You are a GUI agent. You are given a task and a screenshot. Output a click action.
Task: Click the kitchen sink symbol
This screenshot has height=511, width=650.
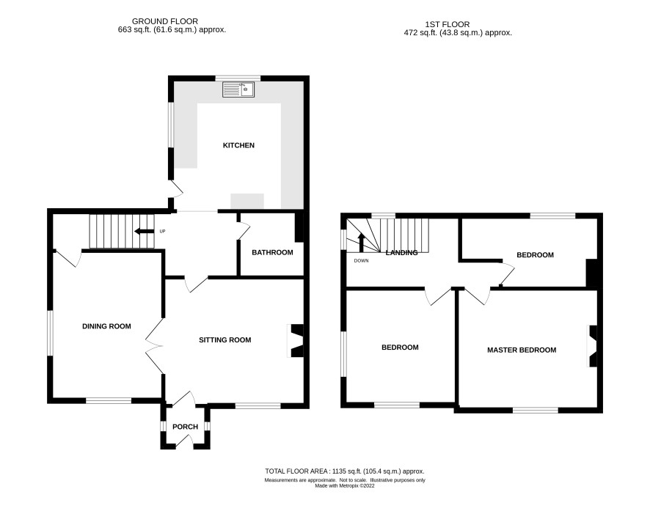click(238, 89)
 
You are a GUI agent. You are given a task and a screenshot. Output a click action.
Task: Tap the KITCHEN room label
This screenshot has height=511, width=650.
click(238, 145)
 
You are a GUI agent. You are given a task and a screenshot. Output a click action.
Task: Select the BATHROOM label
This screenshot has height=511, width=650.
click(272, 252)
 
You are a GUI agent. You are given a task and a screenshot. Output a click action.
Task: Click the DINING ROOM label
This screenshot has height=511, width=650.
click(106, 326)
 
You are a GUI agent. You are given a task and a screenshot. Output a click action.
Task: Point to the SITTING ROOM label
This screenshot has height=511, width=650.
click(225, 340)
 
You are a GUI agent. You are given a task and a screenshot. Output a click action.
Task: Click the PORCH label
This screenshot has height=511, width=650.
click(186, 427)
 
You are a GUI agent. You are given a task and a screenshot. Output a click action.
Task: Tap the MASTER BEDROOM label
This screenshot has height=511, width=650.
click(522, 350)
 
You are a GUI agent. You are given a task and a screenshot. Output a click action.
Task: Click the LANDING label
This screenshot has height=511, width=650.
click(402, 253)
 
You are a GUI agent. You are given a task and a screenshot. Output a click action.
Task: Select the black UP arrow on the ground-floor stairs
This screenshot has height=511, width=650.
click(144, 231)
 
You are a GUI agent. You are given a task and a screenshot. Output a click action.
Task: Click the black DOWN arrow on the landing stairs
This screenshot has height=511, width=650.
click(361, 242)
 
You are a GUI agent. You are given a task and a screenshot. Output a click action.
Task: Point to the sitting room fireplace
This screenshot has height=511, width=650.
click(296, 340)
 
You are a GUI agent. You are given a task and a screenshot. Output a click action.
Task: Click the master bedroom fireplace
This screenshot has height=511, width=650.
click(592, 346)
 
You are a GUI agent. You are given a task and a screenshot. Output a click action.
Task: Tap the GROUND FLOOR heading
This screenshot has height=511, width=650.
click(165, 21)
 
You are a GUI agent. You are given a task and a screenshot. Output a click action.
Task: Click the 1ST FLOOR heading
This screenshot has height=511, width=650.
click(448, 24)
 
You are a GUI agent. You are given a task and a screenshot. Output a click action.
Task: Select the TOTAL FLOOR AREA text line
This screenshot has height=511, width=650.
click(345, 471)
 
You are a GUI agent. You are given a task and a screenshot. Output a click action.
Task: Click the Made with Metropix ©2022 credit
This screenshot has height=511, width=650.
click(345, 486)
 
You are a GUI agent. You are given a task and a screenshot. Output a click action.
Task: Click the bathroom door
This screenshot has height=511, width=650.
click(244, 231)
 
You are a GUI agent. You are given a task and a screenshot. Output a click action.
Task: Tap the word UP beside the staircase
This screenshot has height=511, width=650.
click(163, 232)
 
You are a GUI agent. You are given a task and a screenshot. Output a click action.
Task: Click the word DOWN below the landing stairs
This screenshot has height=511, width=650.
click(361, 261)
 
